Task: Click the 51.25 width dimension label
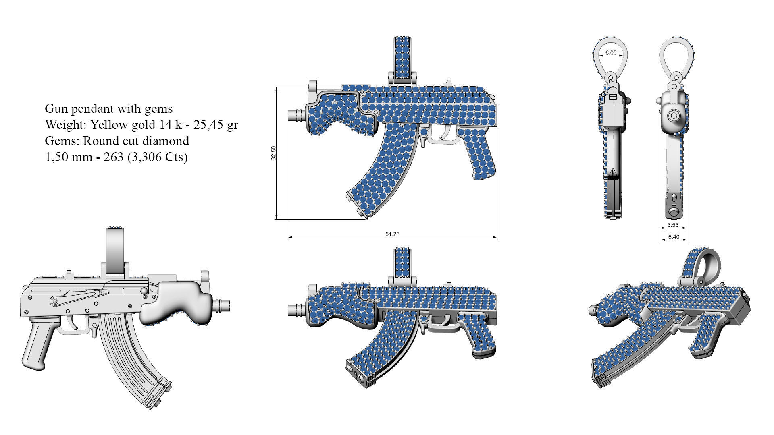coord(392,234)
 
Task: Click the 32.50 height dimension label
coord(274,153)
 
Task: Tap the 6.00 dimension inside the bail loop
coord(611,53)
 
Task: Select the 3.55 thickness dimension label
coord(672,225)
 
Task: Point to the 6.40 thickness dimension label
coord(674,237)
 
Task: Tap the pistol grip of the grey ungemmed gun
coord(38,342)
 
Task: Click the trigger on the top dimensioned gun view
coord(447,131)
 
